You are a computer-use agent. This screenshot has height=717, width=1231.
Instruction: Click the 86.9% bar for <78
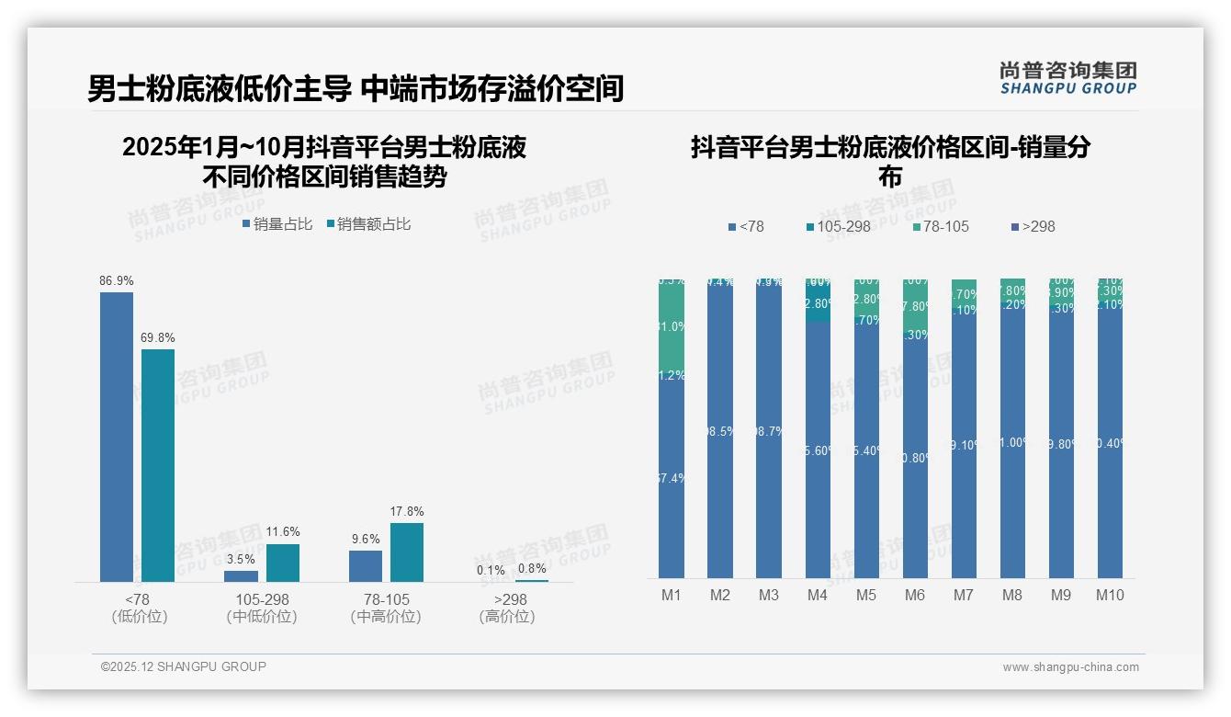117,437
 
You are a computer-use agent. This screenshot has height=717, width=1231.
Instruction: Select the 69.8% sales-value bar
158,465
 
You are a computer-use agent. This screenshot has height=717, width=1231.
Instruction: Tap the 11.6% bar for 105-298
283,563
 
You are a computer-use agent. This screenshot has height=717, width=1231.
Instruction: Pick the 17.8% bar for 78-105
407,552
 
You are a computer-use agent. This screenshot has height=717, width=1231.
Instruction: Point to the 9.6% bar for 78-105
366,566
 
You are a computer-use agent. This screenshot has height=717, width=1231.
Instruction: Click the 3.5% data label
241,559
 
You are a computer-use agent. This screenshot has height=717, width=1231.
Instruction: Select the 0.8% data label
531,568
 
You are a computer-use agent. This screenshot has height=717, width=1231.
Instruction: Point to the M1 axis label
672,596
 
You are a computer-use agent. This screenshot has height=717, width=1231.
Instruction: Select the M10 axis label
1110,596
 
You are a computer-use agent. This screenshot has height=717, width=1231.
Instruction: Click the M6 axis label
915,596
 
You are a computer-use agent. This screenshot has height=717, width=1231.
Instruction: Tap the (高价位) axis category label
507,617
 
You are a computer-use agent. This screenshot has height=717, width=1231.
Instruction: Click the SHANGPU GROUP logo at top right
1068,77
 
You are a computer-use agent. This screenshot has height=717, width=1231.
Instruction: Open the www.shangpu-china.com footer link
1070,667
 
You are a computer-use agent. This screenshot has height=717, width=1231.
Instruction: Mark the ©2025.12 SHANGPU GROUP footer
184,666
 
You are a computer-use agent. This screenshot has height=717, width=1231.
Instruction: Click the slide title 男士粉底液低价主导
219,88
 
